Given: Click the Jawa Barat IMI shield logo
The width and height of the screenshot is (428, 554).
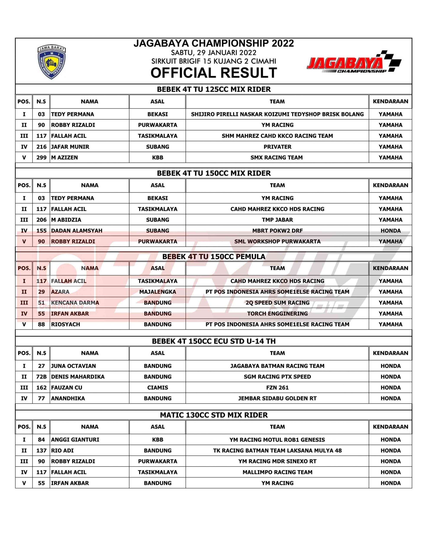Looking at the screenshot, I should [52, 62].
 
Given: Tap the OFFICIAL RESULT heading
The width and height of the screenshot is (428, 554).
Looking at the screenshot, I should [214, 73].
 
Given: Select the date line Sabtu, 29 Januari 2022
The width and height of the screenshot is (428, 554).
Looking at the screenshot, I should [214, 53].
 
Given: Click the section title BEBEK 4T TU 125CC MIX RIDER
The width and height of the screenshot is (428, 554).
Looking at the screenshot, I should [214, 89].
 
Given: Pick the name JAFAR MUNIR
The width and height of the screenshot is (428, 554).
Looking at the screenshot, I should [70, 147].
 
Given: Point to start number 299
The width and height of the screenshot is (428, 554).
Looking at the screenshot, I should [41, 158].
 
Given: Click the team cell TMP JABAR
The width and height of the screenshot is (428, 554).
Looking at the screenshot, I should [277, 220].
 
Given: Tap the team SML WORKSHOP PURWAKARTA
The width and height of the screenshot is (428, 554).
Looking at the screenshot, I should [277, 242].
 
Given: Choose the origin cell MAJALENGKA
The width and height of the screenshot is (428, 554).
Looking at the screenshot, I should [158, 292].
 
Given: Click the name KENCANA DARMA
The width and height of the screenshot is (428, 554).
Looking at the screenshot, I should [75, 303].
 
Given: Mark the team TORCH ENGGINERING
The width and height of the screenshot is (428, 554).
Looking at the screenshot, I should [277, 314].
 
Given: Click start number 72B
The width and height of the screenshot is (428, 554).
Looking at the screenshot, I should [41, 377].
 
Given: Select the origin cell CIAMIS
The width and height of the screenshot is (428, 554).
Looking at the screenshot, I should [158, 388].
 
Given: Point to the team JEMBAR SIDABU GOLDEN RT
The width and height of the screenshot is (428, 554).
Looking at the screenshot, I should [277, 398].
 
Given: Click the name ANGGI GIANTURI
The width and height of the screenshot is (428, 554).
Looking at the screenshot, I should [75, 440].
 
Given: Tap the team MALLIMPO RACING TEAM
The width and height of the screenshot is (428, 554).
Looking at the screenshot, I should [277, 472].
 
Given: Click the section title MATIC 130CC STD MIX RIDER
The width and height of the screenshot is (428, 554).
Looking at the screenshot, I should [214, 415].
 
